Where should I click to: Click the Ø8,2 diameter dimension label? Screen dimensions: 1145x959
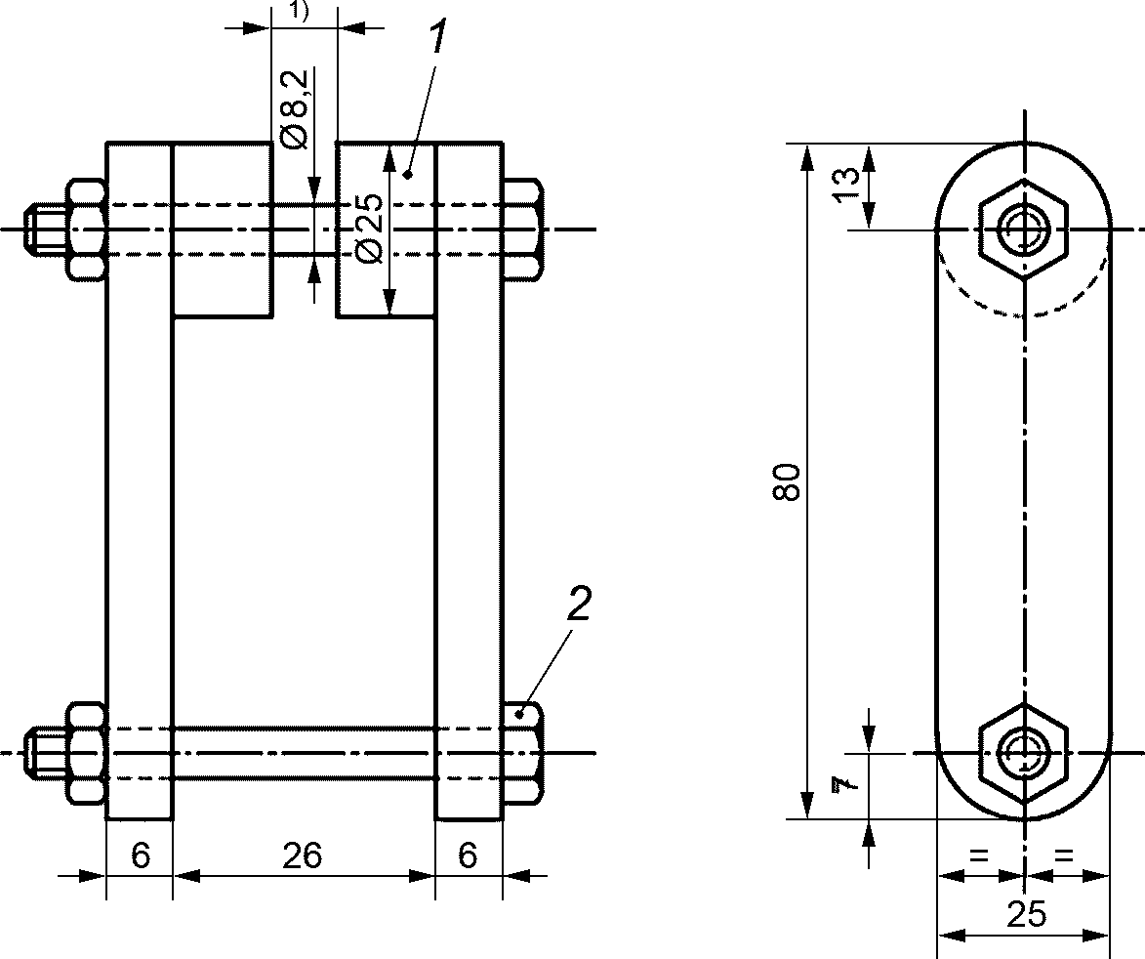(293, 110)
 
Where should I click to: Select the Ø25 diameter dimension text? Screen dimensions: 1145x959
(370, 228)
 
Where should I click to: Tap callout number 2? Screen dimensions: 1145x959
(578, 605)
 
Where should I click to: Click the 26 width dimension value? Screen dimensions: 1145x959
(303, 855)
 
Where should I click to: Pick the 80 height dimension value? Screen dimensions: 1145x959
(787, 481)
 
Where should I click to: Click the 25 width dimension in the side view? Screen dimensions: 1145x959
(1026, 914)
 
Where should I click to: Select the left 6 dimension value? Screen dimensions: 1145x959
(141, 855)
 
